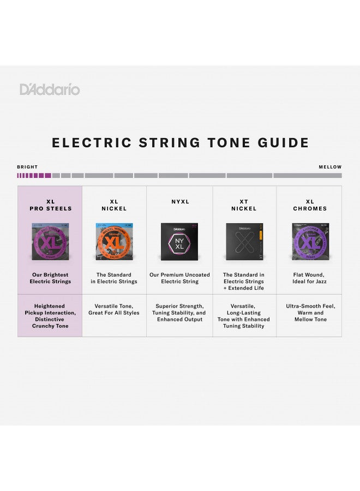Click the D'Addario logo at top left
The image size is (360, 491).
pos(50,89)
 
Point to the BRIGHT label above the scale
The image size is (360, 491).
pos(27,167)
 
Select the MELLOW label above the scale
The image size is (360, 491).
pos(330,167)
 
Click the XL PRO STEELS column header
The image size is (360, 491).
pos(50,205)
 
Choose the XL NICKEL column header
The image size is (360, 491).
pos(114,205)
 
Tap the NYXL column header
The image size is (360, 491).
pos(180,202)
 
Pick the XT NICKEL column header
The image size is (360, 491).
pos(244,205)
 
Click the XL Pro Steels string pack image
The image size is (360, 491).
pos(51,241)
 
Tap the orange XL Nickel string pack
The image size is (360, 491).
pos(114,241)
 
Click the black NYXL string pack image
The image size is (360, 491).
pos(180,241)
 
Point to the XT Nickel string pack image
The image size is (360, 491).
pos(244,241)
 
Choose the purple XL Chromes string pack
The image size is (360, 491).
pos(309,241)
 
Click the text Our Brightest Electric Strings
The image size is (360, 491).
pos(50,278)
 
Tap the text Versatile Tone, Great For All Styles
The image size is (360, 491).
pos(114,309)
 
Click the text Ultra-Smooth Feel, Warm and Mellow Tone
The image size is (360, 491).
pos(310,313)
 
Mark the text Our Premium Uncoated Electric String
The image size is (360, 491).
pos(180,278)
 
